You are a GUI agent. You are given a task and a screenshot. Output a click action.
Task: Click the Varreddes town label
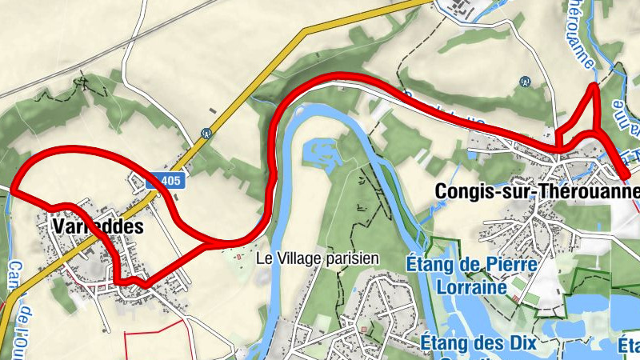click(x=98, y=226)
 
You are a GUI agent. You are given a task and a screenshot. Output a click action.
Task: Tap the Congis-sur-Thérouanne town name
click(x=537, y=192)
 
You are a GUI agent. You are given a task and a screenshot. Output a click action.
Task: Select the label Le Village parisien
click(x=317, y=259)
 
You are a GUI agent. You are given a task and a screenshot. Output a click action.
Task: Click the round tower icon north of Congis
click(x=525, y=81)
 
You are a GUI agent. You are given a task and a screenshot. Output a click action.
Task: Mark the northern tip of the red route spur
click(x=593, y=86)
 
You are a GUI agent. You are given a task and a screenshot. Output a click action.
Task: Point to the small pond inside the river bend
click(x=319, y=150)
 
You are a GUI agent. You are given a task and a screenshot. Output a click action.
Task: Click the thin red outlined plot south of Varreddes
click(x=156, y=340)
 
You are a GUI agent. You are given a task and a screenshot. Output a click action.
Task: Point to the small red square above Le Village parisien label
click(x=239, y=255)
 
